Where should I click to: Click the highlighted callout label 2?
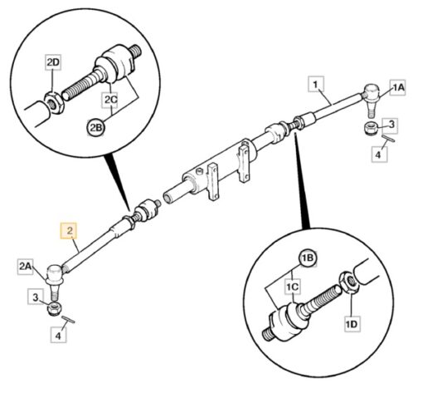(69, 230)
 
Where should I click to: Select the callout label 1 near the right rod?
(316, 84)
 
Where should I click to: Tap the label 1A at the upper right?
(397, 87)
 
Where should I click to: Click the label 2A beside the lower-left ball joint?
(26, 267)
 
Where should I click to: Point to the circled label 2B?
(95, 128)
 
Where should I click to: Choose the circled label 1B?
(307, 258)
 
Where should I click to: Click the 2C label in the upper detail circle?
(110, 100)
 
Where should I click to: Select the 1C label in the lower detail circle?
(292, 287)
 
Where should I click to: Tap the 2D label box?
(53, 62)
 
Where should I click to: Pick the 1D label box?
(352, 323)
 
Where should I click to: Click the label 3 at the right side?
(390, 125)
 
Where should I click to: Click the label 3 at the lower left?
(35, 297)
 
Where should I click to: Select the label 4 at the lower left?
(58, 336)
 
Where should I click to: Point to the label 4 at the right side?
(379, 155)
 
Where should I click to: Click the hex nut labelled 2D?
(54, 103)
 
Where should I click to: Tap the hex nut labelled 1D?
(348, 281)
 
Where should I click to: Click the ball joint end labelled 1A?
(371, 98)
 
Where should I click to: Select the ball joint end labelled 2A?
(56, 280)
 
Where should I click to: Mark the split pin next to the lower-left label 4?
(68, 319)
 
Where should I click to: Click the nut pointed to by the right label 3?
(371, 128)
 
